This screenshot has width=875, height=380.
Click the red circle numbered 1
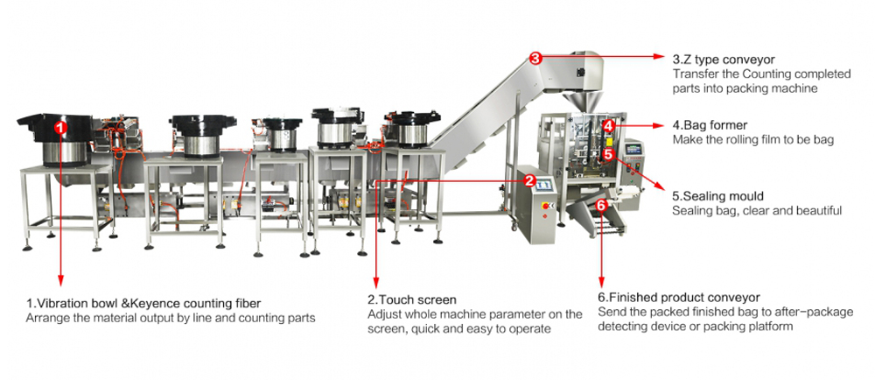(x=59, y=127)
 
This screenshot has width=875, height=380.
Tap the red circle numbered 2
(x=529, y=179)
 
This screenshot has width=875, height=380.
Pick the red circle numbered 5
(x=609, y=153)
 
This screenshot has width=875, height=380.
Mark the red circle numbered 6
(x=601, y=205)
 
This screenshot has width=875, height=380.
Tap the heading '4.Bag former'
(x=710, y=125)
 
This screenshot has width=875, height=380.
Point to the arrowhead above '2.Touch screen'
(x=375, y=285)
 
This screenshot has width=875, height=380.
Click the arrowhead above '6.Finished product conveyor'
(x=601, y=285)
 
